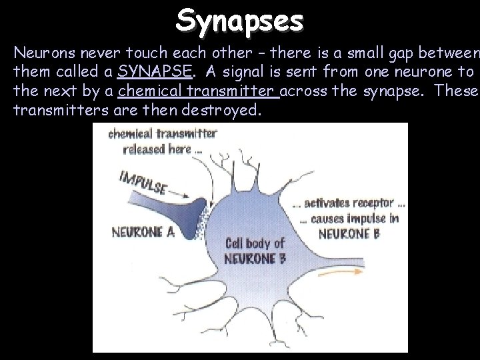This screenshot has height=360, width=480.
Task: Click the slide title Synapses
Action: click(240, 20)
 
